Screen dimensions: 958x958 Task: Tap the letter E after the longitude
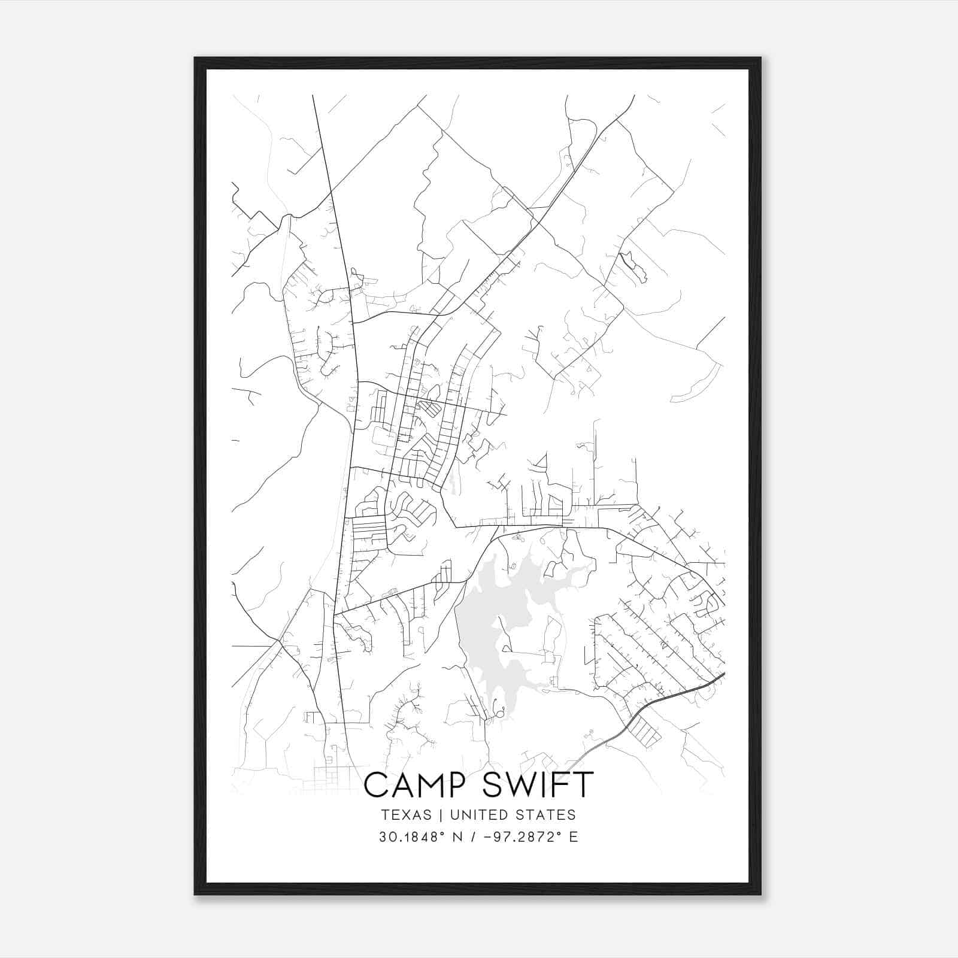(x=574, y=837)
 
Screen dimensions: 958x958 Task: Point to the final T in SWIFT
(x=583, y=785)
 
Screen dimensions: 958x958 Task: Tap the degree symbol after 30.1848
(x=446, y=833)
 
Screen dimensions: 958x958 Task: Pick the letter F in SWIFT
(x=564, y=785)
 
